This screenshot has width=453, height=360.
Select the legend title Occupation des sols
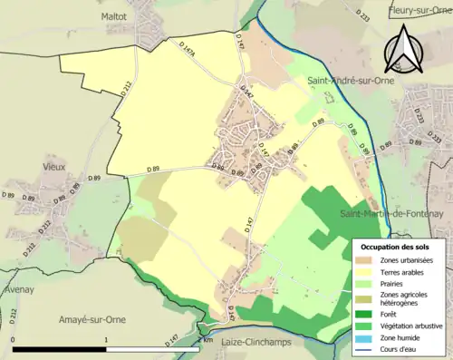click(400, 247)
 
